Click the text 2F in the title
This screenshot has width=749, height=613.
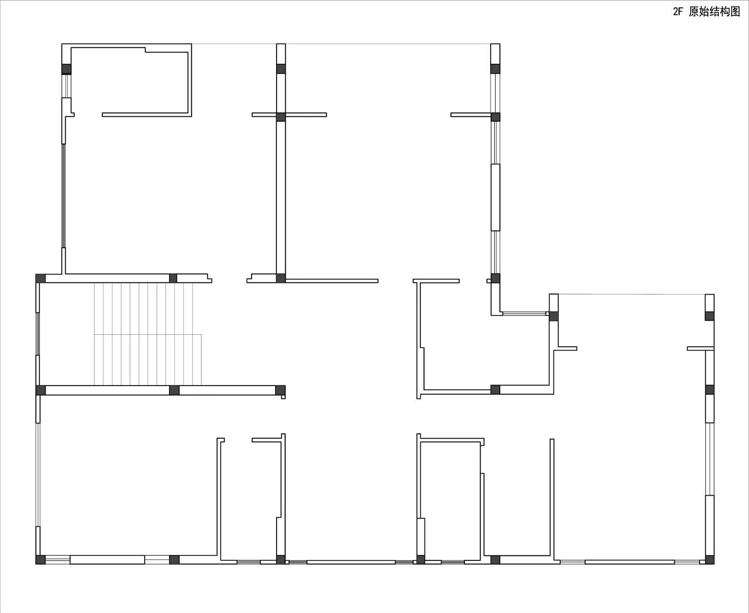pos(678,11)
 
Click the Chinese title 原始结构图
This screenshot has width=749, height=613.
pos(714,11)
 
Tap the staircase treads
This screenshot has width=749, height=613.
pos(148,334)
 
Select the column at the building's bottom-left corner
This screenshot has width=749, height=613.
pos(40,560)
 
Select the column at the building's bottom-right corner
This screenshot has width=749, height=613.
pos(710,560)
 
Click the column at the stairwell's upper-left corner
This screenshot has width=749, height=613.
pos(40,278)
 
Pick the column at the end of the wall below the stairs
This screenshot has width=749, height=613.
pos(280,390)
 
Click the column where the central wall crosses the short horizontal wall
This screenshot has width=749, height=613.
pos(280,117)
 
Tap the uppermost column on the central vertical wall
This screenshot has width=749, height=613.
pos(281,69)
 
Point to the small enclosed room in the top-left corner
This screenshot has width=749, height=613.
pos(130,81)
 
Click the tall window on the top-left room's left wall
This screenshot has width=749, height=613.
pos(64,196)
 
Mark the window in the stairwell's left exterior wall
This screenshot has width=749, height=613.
pos(38,334)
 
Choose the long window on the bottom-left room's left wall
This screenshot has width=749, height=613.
pos(38,475)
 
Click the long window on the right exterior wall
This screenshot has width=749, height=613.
pos(710,459)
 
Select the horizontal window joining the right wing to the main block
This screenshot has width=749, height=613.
pos(524,313)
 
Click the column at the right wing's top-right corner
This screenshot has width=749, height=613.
pos(710,316)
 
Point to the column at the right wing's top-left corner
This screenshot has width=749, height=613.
pos(553,316)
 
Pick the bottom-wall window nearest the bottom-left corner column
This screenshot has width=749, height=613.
pos(58,560)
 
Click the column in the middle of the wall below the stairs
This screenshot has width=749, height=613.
pos(174,390)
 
